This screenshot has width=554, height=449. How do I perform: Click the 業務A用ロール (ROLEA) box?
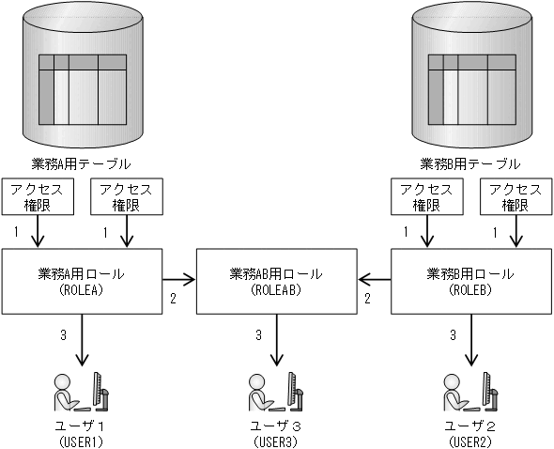[83, 281]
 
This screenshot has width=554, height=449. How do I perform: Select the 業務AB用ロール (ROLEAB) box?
[276, 281]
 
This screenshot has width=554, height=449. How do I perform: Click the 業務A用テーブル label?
[83, 162]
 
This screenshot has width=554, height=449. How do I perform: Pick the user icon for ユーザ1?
[83, 394]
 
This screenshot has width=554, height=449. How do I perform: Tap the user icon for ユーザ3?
[277, 394]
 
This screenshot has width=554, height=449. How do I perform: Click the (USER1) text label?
[83, 441]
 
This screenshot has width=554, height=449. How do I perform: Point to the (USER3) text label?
[277, 441]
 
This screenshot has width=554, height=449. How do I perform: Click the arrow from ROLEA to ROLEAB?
[178, 279]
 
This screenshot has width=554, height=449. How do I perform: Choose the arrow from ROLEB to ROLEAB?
[374, 279]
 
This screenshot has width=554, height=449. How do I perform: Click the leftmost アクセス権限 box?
[37, 195]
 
